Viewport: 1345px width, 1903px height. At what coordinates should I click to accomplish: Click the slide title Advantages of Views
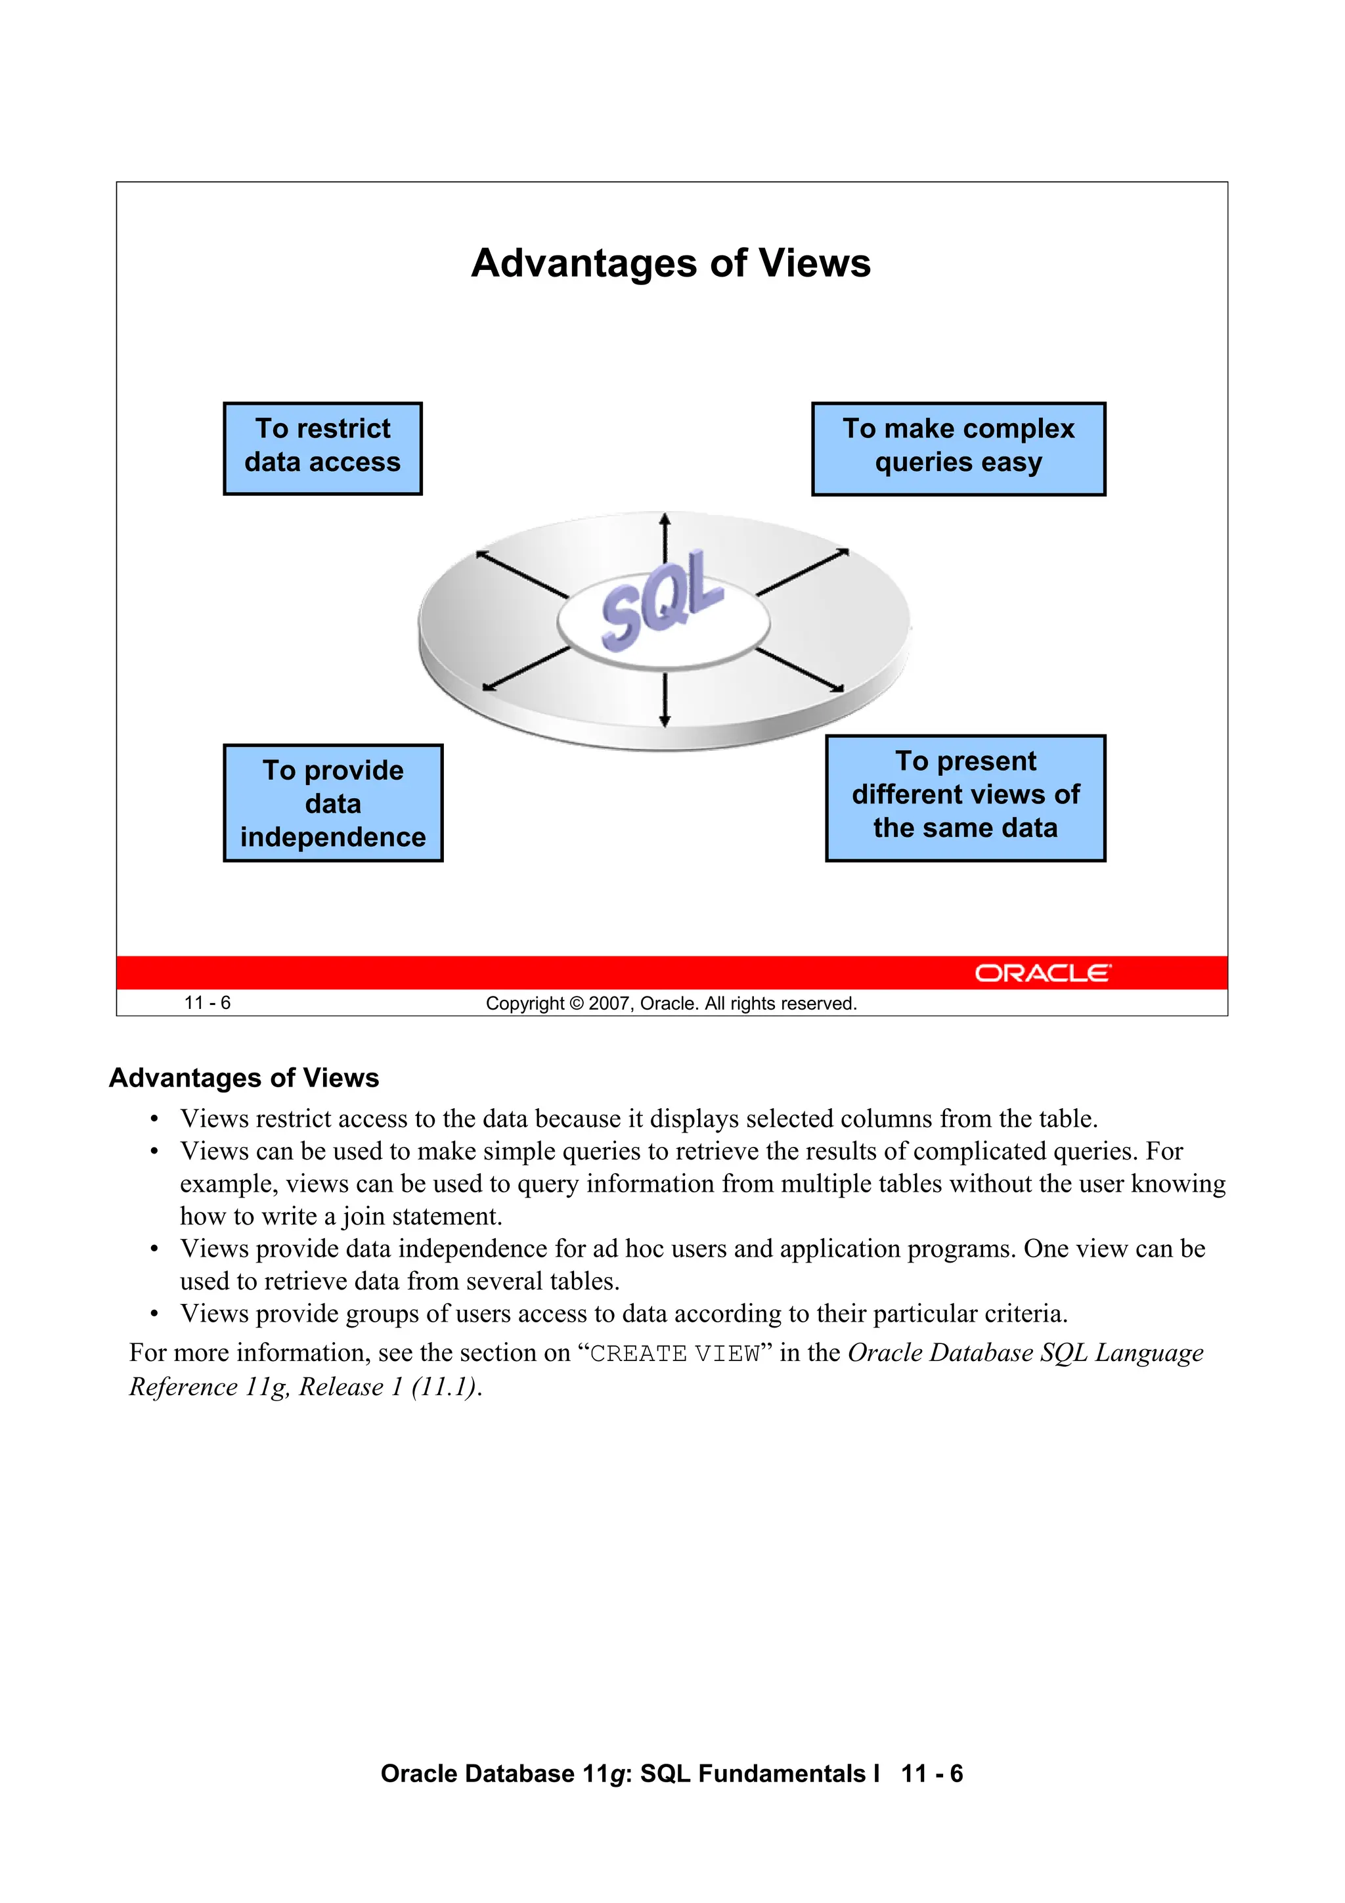[x=671, y=263]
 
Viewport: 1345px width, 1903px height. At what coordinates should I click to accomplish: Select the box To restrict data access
[x=322, y=449]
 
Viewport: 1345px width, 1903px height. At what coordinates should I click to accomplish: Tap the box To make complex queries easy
[x=958, y=449]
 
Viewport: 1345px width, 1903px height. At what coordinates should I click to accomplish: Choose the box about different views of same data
[x=965, y=797]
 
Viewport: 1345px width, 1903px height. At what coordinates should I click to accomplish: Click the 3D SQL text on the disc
[x=661, y=598]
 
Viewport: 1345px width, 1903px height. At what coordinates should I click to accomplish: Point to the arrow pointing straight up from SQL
[x=664, y=543]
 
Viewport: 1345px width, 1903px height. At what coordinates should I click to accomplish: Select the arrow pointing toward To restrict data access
[x=521, y=573]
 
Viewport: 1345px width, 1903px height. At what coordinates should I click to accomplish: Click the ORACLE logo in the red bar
[x=1042, y=972]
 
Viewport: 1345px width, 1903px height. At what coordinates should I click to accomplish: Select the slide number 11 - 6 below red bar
[x=207, y=1003]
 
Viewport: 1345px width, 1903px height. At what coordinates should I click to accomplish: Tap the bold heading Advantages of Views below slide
[x=244, y=1077]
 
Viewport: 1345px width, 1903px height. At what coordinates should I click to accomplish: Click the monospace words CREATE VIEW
[x=674, y=1353]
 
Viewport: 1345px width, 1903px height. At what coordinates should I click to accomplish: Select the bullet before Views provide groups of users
[x=154, y=1314]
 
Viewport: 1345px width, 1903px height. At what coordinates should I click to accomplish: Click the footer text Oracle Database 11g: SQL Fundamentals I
[x=629, y=1774]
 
